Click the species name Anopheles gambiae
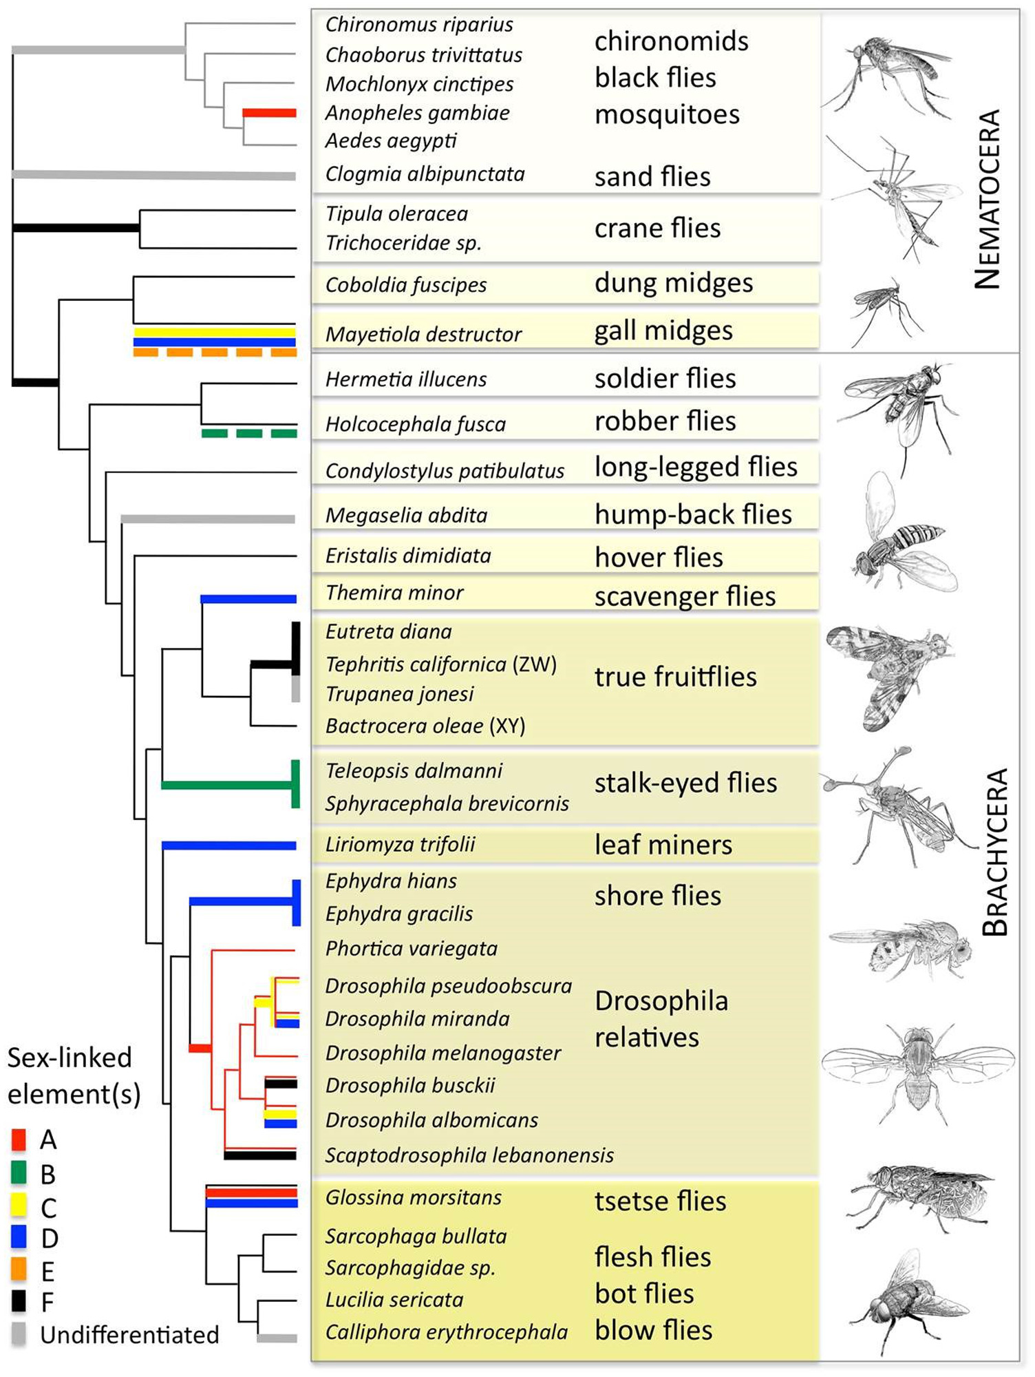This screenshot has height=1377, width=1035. click(417, 113)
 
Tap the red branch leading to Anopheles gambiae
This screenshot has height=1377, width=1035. click(269, 113)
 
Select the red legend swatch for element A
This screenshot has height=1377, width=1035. click(19, 1139)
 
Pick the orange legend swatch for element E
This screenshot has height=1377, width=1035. click(19, 1270)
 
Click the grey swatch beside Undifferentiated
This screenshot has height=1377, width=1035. click(19, 1334)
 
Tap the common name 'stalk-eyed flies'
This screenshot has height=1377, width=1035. click(685, 783)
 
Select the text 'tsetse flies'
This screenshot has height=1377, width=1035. click(660, 1201)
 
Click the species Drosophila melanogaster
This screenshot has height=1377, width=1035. click(443, 1053)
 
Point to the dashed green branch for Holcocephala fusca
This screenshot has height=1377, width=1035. click(249, 433)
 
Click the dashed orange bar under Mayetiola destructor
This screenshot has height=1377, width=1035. click(215, 353)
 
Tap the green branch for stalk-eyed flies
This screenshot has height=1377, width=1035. click(227, 785)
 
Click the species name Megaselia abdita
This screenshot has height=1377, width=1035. click(406, 515)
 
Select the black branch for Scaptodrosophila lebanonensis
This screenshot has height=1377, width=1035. click(260, 1155)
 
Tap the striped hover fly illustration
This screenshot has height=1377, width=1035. click(898, 544)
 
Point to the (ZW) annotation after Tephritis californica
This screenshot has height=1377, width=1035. click(535, 664)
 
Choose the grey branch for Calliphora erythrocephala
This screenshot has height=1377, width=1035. click(277, 1338)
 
